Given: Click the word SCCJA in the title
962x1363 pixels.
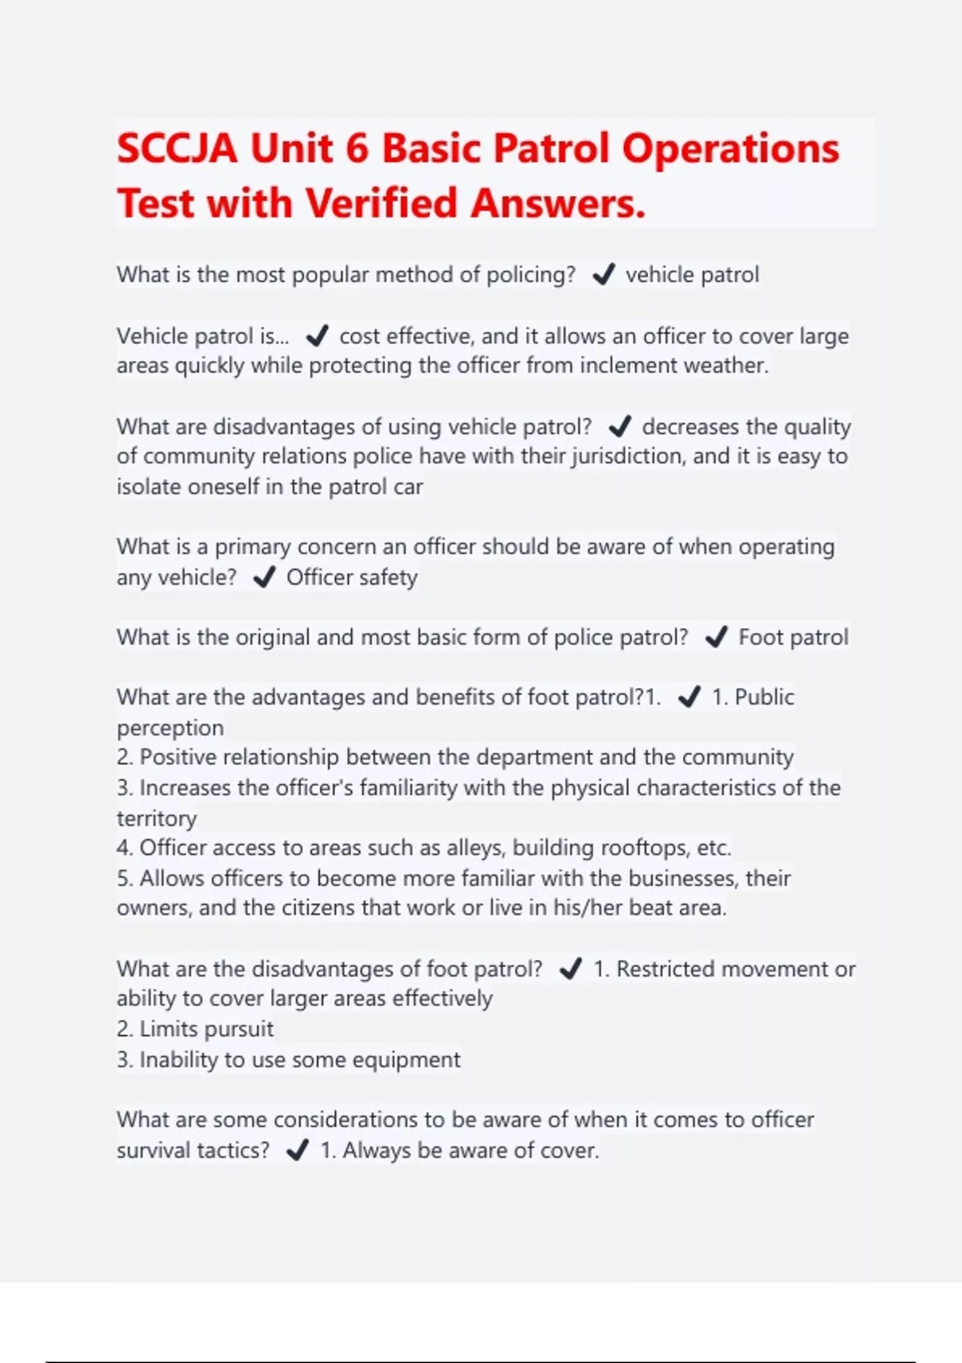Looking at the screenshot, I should [177, 149].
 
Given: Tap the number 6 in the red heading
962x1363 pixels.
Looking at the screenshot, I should [357, 149].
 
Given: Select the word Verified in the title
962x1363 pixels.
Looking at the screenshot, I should [382, 204].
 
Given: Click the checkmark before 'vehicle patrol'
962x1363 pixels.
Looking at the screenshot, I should [603, 275].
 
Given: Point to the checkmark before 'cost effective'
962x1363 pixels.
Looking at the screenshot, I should [317, 336].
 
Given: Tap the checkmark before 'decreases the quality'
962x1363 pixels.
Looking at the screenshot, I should [620, 427].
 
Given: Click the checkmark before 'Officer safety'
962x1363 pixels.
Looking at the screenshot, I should [264, 577].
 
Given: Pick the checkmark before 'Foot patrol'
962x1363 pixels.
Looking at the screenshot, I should [716, 637].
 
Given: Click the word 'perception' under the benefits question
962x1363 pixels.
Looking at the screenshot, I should [170, 728].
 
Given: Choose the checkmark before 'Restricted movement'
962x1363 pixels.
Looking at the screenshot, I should [571, 969].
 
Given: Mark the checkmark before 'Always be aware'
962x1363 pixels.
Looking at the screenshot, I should [297, 1151].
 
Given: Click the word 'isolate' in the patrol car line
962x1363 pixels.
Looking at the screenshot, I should [149, 487].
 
